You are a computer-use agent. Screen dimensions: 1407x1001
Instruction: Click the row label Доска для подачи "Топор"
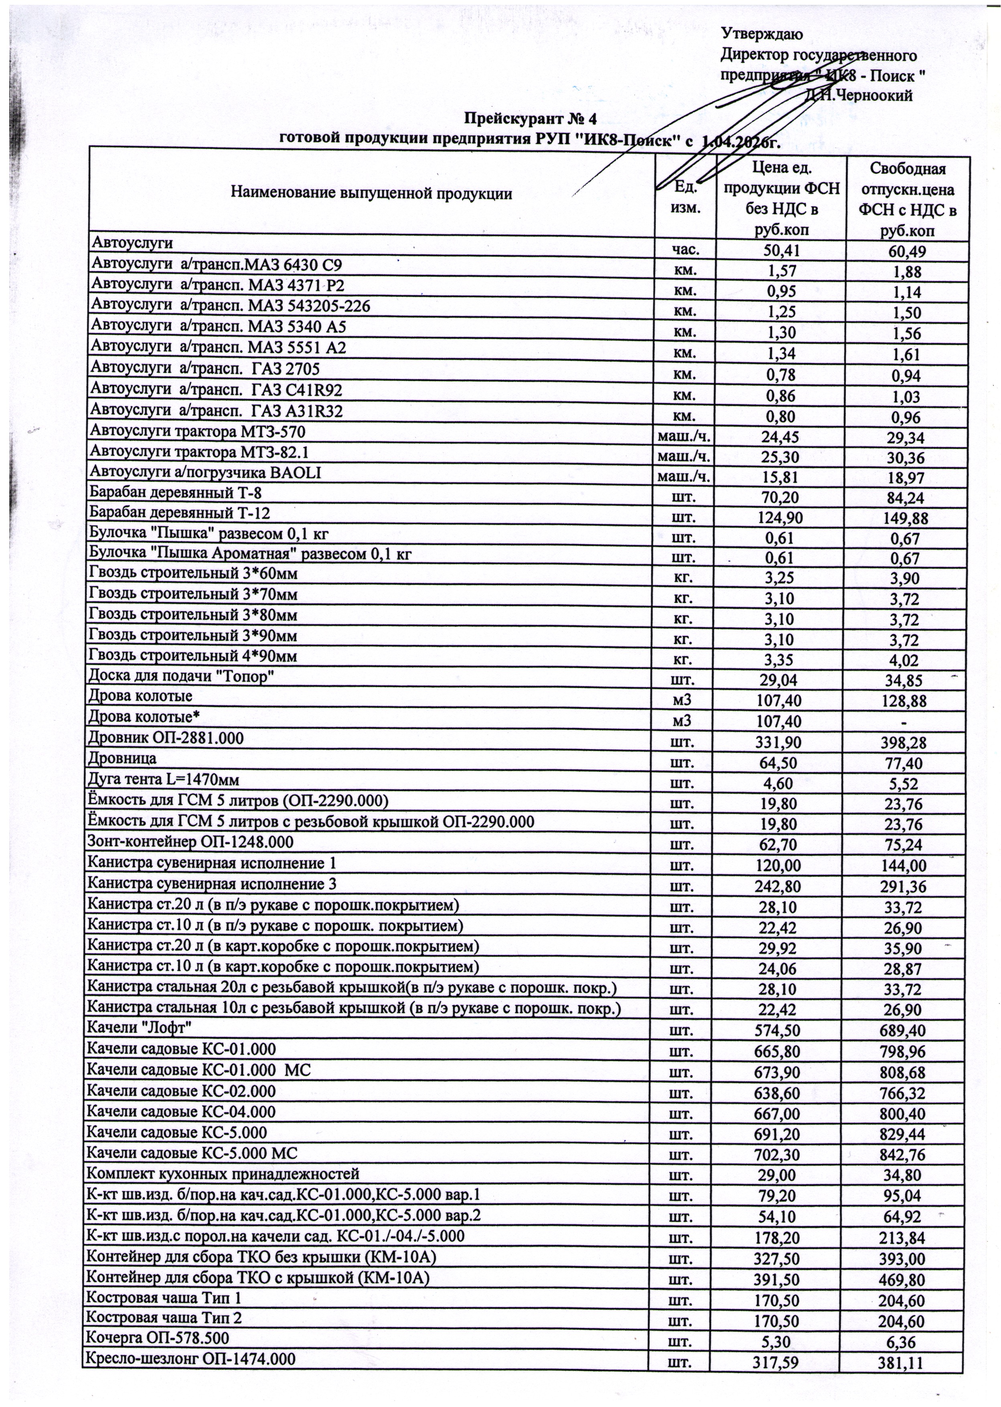click(182, 677)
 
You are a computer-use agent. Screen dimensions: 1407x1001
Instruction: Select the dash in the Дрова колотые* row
click(904, 722)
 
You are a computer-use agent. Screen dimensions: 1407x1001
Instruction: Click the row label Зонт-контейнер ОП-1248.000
click(190, 842)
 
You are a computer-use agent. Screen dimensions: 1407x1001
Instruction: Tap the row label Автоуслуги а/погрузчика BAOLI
click(206, 473)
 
